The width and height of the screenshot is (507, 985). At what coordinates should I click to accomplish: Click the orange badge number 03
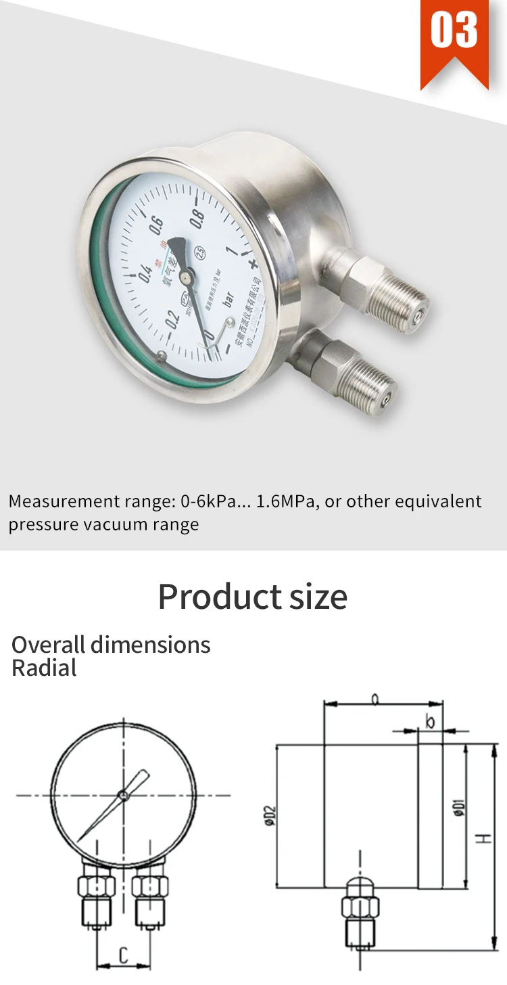(x=454, y=31)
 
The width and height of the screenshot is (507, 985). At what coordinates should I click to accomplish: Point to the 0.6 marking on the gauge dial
(x=156, y=227)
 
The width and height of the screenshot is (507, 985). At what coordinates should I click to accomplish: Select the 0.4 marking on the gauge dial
(x=145, y=272)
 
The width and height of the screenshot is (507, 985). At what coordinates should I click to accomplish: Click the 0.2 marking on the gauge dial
(x=172, y=321)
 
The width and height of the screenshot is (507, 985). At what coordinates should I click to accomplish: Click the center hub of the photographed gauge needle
(x=186, y=273)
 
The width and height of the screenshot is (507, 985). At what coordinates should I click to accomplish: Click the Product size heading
(x=253, y=597)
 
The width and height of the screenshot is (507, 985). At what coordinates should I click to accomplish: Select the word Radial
(x=44, y=668)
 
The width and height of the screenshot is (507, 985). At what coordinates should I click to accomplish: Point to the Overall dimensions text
(x=111, y=645)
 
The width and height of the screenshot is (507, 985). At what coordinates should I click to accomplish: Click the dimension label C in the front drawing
(x=123, y=955)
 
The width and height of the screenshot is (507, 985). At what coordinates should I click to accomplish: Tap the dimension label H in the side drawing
(x=483, y=838)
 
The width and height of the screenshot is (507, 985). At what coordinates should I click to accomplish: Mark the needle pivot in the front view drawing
(x=123, y=795)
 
